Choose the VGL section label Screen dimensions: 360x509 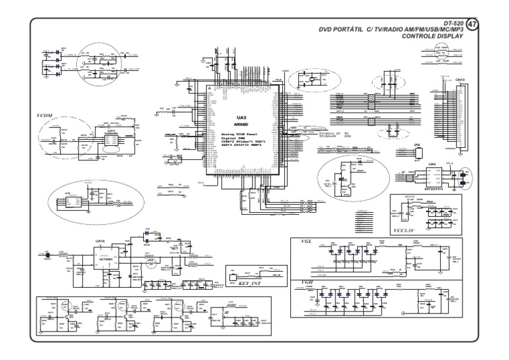tap(306, 243)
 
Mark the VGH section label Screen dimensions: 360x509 tap(307, 283)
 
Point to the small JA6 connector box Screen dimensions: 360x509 tap(418, 154)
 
